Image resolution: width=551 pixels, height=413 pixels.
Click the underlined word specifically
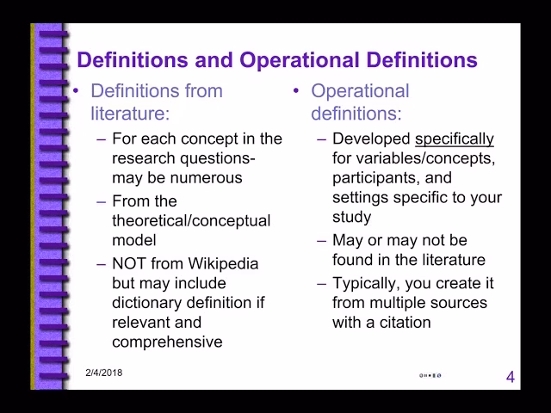[x=455, y=139]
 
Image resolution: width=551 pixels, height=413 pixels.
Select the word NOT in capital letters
[x=129, y=263]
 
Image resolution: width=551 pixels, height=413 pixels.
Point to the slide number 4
[x=511, y=377]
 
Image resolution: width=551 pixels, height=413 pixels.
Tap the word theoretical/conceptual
[x=191, y=220]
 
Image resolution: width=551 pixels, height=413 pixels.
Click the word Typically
[x=363, y=283]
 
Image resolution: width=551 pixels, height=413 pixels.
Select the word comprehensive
[x=167, y=342]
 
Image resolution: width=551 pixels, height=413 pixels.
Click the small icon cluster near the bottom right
[x=430, y=376]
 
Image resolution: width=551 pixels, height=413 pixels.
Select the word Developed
[x=370, y=139]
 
